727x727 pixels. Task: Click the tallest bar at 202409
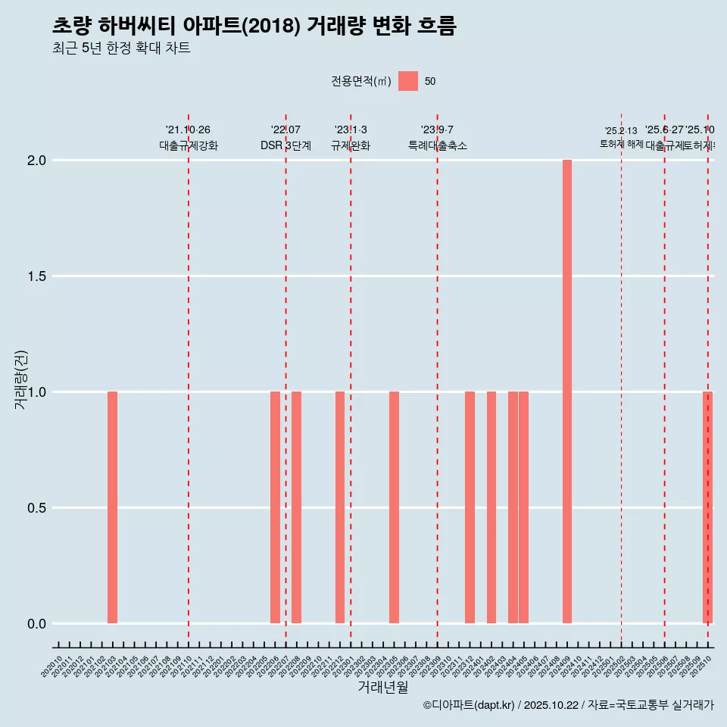[566, 392]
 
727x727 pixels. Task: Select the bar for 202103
[112, 507]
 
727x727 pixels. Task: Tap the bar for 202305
[394, 507]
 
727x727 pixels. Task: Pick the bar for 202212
[340, 507]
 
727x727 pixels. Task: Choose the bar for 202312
[470, 507]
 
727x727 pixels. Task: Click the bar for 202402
[491, 507]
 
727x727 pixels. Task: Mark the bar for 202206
[275, 507]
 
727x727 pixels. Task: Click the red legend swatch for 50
[408, 81]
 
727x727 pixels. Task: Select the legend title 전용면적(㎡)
[361, 81]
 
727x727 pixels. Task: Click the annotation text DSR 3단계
[285, 145]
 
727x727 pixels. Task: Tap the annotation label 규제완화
[351, 145]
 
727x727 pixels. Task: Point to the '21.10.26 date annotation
[188, 130]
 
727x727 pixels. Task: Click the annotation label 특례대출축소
[437, 145]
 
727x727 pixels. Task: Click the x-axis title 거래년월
[382, 687]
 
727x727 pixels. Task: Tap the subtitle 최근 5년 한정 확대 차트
[121, 48]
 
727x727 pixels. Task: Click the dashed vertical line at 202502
[622, 379]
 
